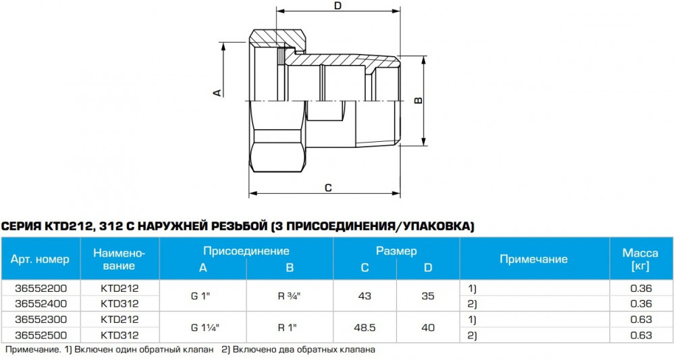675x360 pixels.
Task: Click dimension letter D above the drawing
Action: coord(338,6)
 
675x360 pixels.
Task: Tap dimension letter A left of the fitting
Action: coord(217,92)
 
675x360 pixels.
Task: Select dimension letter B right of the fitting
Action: coord(418,101)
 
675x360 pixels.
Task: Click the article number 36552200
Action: coord(40,287)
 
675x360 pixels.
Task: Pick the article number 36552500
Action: coord(40,335)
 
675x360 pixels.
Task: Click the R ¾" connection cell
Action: coord(289,295)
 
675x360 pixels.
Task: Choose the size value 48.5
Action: coord(364,327)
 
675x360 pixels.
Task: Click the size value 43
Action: coord(364,295)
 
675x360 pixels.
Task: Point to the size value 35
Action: coord(428,295)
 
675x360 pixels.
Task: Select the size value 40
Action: coord(428,327)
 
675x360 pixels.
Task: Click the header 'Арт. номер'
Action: coord(40,259)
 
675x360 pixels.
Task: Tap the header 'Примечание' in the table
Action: coord(533,259)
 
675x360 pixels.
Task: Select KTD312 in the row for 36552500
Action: coord(119,335)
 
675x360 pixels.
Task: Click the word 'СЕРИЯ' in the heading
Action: coord(22,226)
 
